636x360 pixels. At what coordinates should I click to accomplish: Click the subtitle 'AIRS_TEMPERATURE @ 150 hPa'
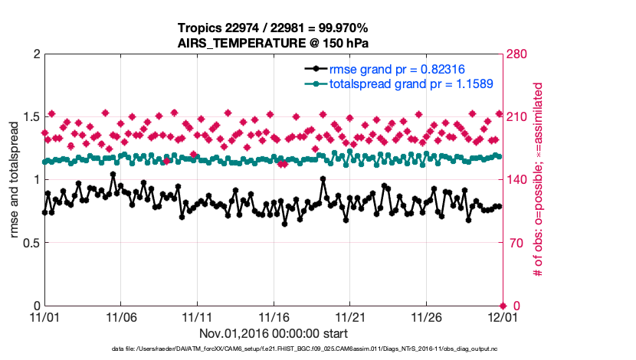273,43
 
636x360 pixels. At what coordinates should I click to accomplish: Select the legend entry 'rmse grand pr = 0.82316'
396,68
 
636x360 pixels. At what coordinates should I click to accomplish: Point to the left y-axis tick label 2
35,54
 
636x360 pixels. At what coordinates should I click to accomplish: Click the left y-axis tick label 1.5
30,117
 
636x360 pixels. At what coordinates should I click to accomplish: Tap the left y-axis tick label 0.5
30,243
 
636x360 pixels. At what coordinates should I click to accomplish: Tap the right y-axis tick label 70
515,243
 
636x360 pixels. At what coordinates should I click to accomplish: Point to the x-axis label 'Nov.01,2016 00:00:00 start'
273,334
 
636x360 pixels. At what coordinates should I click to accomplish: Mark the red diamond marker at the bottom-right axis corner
502,306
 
